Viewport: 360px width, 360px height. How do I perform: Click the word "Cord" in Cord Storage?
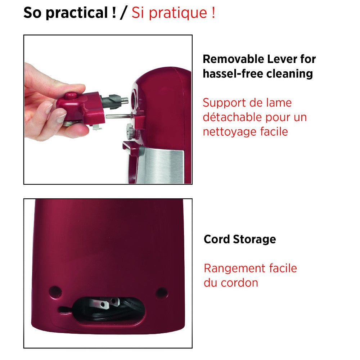(x=216, y=239)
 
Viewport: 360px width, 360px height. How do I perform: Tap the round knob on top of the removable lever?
(x=71, y=96)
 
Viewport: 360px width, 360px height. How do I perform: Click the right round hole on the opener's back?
(x=161, y=292)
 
